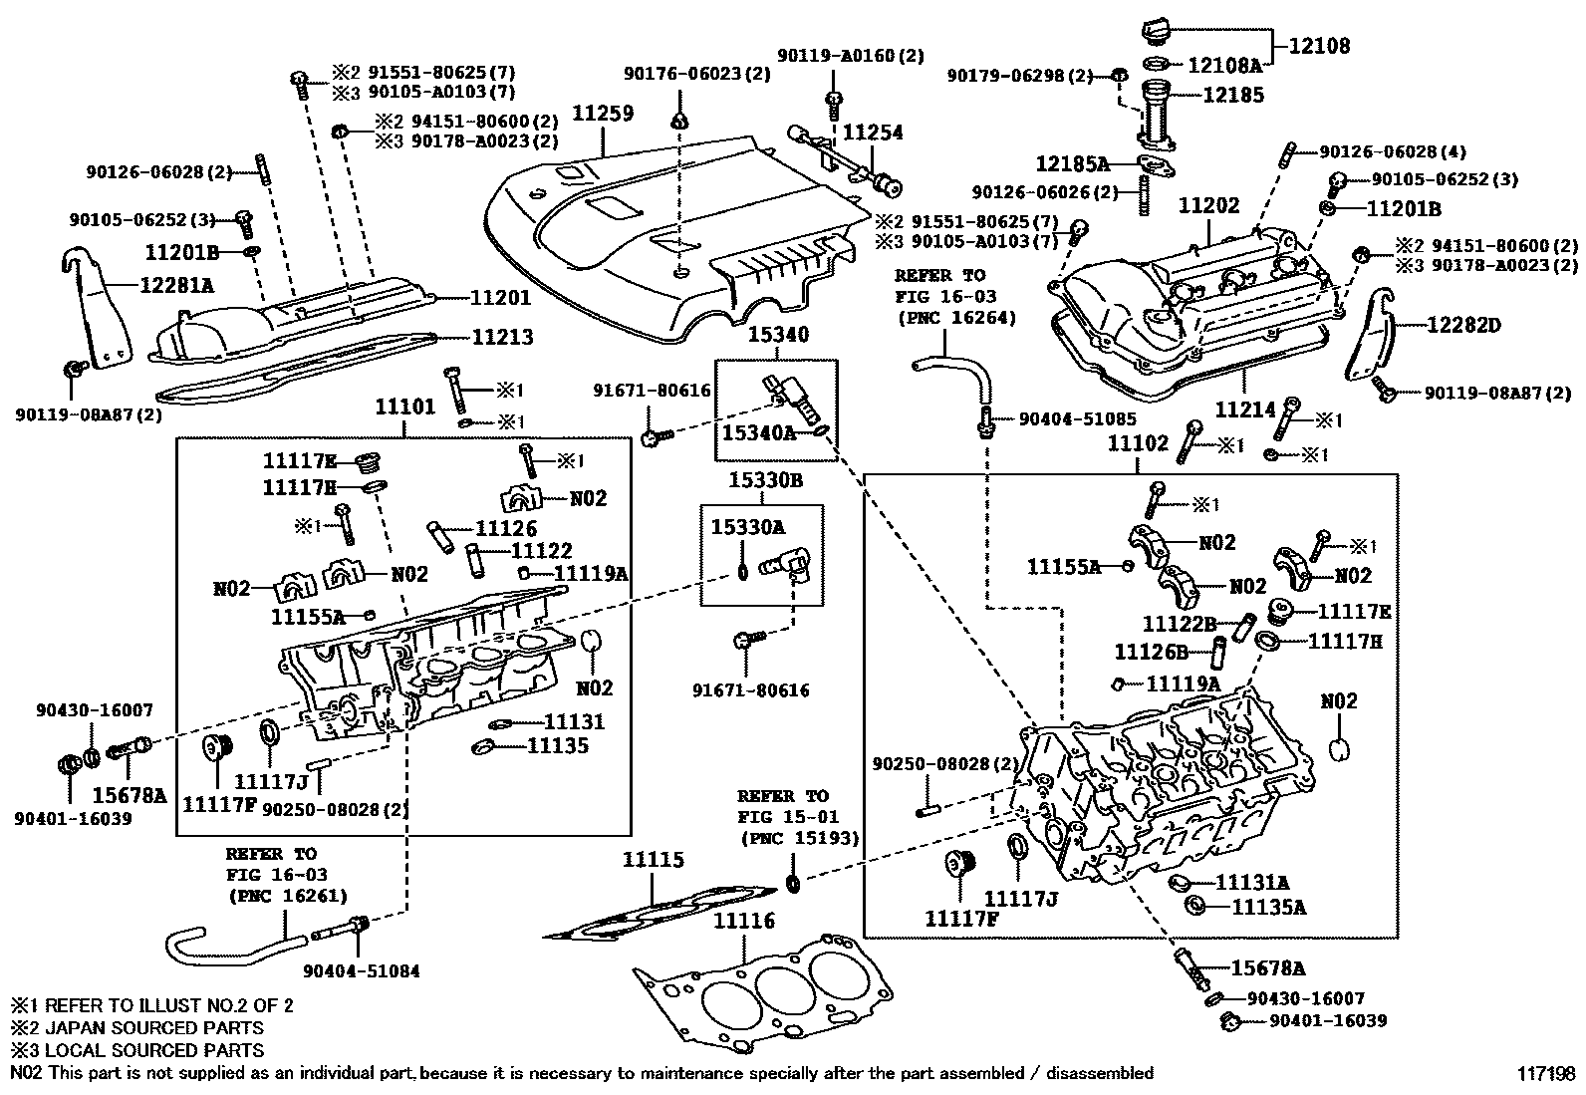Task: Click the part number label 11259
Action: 603,115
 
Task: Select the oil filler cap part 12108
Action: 1160,30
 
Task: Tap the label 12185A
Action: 1071,163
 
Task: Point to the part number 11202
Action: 1209,206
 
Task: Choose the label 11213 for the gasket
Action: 501,337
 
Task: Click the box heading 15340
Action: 777,336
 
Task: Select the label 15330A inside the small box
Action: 747,527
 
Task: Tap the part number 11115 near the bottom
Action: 654,860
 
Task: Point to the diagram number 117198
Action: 1547,1073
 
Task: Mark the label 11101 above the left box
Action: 404,407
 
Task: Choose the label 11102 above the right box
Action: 1138,444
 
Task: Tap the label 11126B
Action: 1151,652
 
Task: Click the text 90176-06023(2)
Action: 697,73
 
